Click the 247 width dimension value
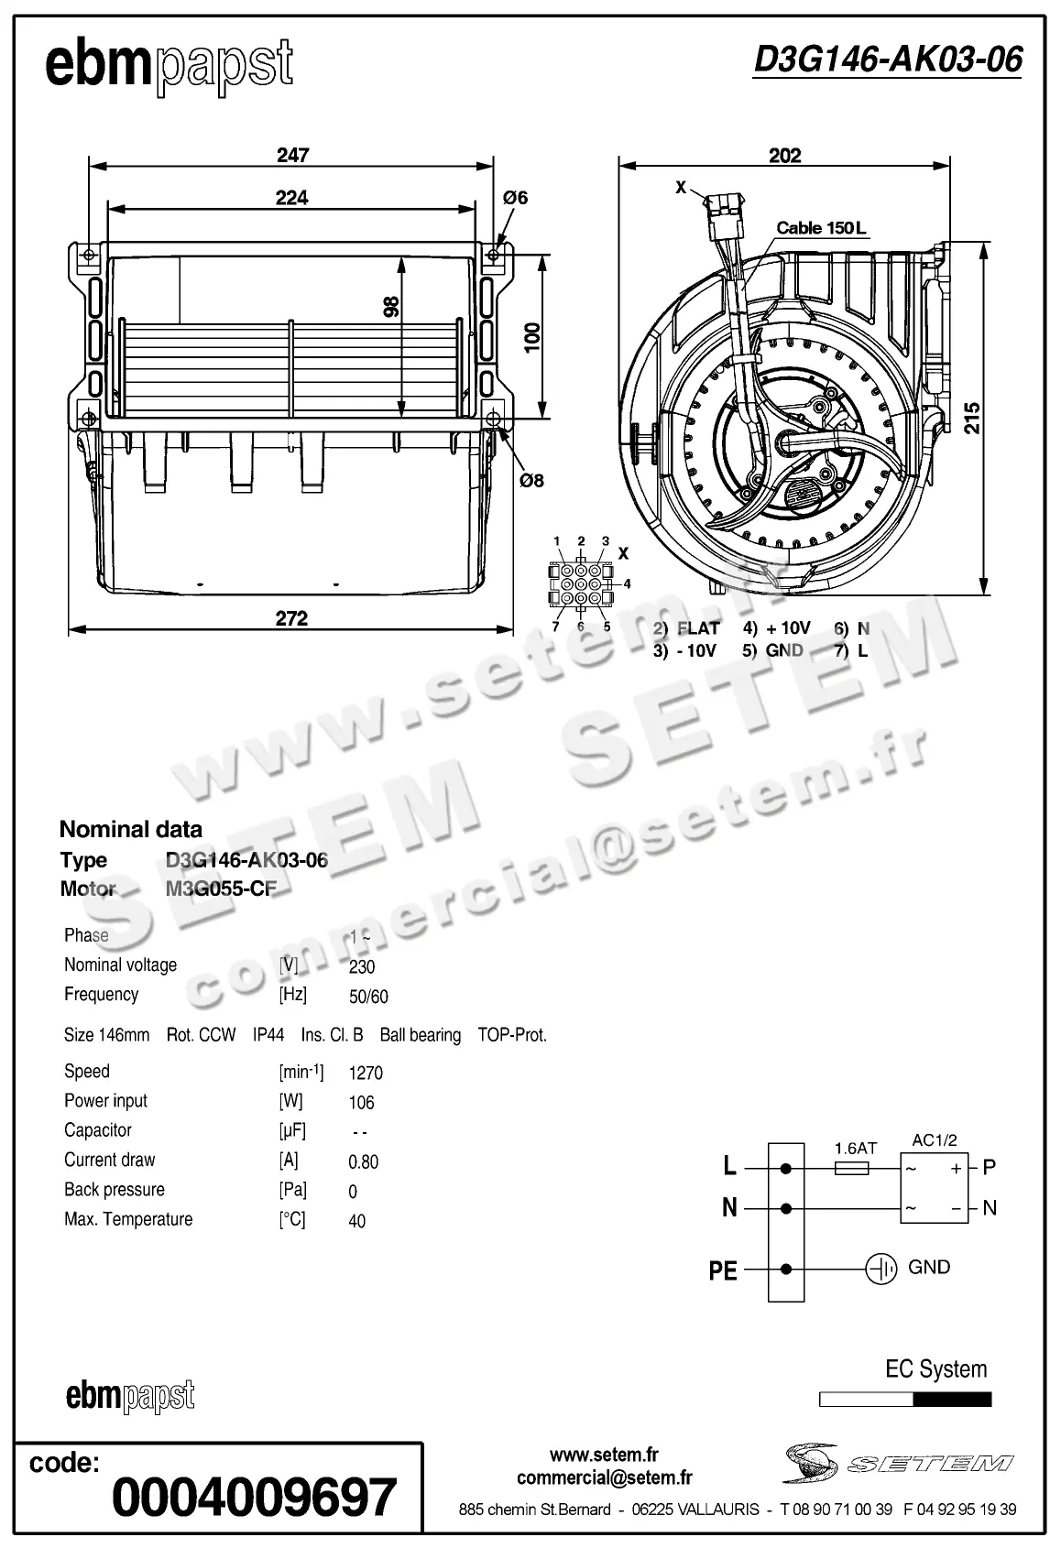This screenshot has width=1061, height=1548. point(293,155)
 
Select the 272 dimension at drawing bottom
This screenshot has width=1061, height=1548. point(291,618)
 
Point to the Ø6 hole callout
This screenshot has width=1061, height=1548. point(516,197)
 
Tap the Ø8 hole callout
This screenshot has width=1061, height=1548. point(531,480)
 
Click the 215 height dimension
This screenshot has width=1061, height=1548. point(972,418)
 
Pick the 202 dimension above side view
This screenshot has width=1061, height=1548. point(784,155)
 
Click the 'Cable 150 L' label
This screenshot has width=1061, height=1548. point(820,227)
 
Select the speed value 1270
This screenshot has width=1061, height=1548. point(366,1073)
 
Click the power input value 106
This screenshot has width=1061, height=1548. point(362,1103)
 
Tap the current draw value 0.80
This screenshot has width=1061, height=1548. point(364,1162)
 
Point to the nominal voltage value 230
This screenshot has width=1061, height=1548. point(362,967)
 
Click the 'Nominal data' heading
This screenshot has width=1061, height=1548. point(130,830)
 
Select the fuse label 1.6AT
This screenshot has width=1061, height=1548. point(856,1148)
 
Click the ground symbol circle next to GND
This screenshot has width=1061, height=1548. point(881,1269)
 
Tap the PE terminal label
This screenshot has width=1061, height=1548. point(723,1271)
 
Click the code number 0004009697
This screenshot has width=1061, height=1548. point(255,1498)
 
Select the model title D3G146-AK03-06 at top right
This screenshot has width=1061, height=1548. point(887,60)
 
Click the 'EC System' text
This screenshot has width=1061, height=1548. point(935,1369)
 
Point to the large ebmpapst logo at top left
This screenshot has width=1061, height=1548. point(170,66)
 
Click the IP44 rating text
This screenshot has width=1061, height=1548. point(268,1035)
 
